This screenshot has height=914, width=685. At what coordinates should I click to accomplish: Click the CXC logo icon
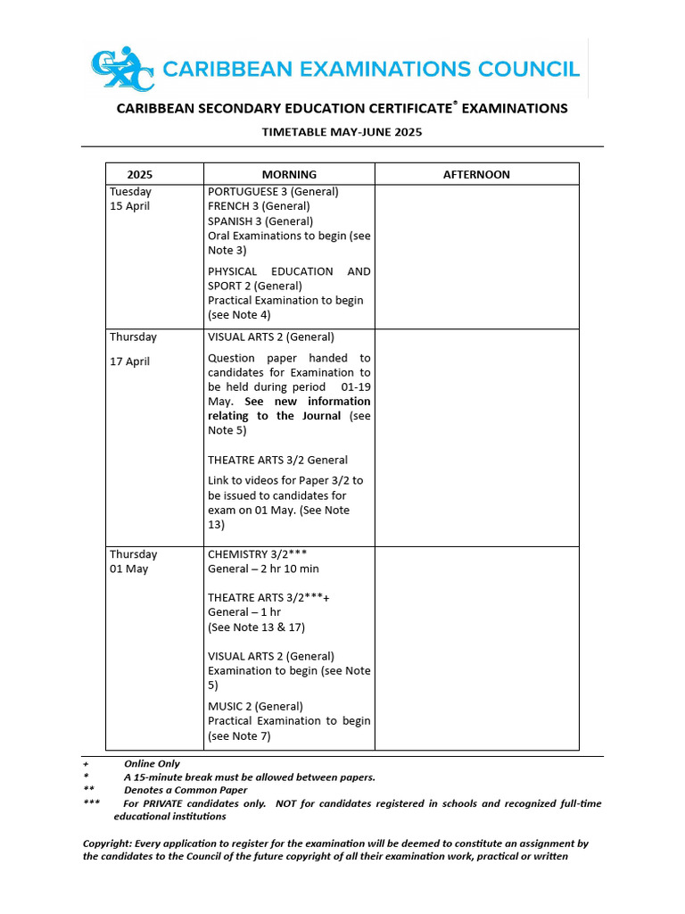[123, 69]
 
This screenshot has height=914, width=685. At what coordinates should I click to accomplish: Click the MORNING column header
[289, 174]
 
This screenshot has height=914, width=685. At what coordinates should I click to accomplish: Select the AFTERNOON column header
[476, 174]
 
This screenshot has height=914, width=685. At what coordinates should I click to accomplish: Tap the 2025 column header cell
[140, 174]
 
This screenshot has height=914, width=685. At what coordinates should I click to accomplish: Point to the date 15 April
[130, 206]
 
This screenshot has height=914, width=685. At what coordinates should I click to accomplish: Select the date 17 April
[130, 361]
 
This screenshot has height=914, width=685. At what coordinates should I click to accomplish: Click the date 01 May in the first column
[129, 569]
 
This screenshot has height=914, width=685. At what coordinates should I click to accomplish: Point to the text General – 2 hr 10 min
[263, 569]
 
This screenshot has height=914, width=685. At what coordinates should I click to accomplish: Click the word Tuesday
[130, 191]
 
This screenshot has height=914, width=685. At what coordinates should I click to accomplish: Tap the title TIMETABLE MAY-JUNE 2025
[342, 132]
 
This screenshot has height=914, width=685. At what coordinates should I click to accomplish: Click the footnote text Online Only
[152, 764]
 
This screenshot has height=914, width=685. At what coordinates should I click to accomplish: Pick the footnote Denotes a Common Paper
[186, 790]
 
